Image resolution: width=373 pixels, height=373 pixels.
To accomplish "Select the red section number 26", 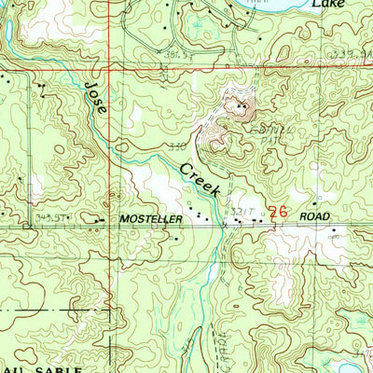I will tap(277, 213).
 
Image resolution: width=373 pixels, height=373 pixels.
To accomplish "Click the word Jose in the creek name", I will tap(97, 99).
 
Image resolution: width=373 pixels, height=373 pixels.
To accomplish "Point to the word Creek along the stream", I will tap(200, 177).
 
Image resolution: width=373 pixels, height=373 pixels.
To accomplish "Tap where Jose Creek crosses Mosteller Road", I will tap(224, 225).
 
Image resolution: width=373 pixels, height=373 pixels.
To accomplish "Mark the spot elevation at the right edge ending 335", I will tap(350, 55).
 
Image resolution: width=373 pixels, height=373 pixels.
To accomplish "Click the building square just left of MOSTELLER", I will tap(98, 220).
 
